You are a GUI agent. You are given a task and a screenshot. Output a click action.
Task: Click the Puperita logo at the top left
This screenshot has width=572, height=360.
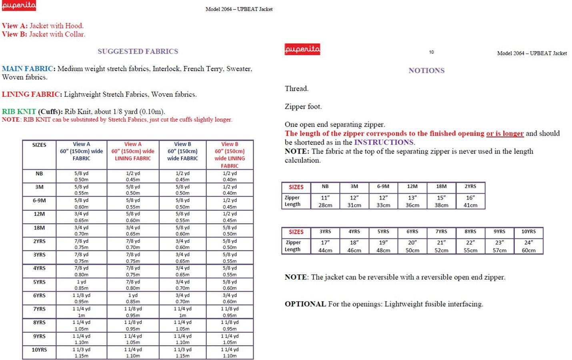click(x=19, y=6)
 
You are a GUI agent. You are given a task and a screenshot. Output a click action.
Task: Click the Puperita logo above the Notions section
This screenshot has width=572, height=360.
click(x=302, y=49)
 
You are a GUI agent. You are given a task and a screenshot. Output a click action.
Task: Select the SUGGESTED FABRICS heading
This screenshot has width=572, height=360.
click(x=138, y=51)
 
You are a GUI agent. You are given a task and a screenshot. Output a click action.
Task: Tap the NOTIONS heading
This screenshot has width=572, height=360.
click(x=426, y=70)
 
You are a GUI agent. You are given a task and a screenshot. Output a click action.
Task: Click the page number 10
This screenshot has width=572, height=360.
click(x=431, y=52)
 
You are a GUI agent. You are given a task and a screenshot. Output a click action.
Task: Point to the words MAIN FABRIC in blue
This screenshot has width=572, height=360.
click(x=27, y=69)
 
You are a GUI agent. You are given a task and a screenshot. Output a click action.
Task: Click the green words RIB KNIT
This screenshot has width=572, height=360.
click(x=19, y=112)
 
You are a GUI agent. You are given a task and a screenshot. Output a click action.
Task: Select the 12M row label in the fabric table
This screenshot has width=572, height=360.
click(x=39, y=214)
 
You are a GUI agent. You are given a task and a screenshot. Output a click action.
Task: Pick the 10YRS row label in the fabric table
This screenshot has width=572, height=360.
click(x=39, y=350)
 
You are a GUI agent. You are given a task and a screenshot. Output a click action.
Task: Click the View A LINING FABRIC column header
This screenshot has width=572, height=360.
click(x=133, y=151)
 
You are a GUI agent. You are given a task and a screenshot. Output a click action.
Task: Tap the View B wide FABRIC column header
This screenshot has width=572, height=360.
click(x=182, y=151)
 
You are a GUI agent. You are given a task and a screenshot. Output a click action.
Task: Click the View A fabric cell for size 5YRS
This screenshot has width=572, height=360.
click(x=81, y=285)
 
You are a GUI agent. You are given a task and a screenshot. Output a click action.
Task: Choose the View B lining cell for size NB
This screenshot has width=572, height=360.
click(x=230, y=176)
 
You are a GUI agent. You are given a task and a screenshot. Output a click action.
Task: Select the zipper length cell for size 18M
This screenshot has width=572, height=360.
click(x=441, y=201)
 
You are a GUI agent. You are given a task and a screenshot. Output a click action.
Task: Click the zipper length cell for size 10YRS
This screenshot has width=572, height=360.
click(x=528, y=246)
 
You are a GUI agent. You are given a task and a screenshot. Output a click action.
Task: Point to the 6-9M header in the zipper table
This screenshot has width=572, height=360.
click(x=383, y=186)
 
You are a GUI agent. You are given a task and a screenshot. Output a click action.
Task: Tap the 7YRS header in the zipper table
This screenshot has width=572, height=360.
click(x=441, y=232)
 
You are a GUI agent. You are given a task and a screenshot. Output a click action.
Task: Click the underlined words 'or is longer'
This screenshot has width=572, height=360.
click(x=505, y=134)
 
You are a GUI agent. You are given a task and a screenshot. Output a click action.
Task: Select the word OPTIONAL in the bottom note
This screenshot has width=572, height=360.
click(x=305, y=304)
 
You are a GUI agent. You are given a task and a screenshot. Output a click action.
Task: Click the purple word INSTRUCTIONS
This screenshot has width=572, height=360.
click(x=384, y=142)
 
